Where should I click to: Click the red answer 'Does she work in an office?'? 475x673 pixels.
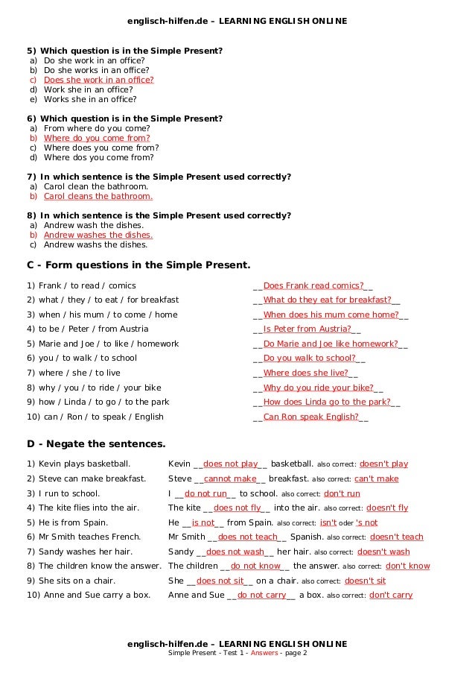pos(98,80)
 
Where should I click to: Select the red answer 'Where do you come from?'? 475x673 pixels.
pos(97,138)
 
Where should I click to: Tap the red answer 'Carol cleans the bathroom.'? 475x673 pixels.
pos(98,196)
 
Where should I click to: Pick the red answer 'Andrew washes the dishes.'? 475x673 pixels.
pos(98,235)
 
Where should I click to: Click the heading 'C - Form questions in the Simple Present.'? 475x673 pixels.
pos(138,265)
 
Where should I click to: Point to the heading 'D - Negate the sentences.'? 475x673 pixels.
pos(96,444)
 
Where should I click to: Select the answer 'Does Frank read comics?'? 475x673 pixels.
pos(313,285)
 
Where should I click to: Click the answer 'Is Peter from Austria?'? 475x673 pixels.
pos(307,329)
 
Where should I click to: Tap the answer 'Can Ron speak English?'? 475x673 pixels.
pos(310,417)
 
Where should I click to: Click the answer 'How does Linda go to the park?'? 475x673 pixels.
pos(327,402)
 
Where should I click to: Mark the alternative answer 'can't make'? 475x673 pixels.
pos(376,478)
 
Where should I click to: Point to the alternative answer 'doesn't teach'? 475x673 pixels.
pos(396,537)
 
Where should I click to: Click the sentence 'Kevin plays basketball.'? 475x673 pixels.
pos(78,464)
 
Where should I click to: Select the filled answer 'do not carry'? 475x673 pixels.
pos(261,595)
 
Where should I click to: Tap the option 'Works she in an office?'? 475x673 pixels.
pos(90,99)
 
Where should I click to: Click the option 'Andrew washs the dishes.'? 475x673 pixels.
pos(95,244)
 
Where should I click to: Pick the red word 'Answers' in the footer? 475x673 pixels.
pos(264,653)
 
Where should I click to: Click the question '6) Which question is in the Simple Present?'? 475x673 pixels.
pos(124,119)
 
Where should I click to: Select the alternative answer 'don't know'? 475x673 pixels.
pos(407,566)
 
